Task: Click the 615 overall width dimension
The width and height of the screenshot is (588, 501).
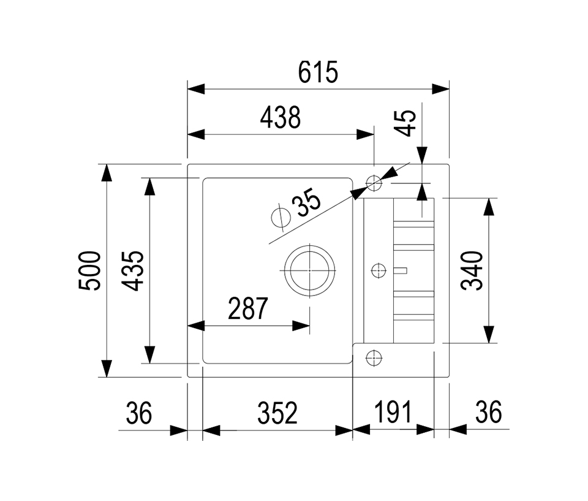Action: [x=318, y=72]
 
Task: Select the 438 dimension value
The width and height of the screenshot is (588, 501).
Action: [x=280, y=117]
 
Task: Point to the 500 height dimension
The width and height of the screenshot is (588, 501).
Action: [x=89, y=270]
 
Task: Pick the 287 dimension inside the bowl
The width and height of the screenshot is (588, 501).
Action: [x=248, y=308]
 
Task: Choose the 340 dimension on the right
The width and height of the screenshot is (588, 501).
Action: [x=472, y=270]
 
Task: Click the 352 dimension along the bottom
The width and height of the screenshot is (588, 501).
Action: [x=277, y=413]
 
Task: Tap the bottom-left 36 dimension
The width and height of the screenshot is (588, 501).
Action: [x=138, y=413]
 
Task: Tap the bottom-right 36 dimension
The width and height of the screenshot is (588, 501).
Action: [x=489, y=413]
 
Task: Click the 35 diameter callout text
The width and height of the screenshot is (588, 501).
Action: [x=306, y=203]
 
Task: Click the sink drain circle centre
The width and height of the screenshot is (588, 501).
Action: [x=310, y=270]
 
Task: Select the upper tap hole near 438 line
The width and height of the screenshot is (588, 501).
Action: [x=373, y=183]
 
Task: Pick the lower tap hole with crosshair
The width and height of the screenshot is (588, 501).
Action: [x=374, y=356]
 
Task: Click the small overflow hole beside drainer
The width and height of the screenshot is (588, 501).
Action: [x=379, y=270]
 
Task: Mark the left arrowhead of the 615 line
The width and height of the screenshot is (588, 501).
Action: [x=195, y=89]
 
